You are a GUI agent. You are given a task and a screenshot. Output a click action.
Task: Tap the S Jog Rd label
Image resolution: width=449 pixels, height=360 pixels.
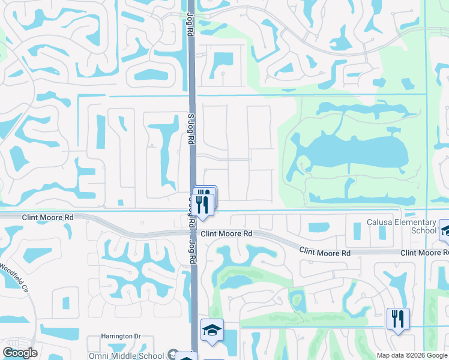pos(191,129)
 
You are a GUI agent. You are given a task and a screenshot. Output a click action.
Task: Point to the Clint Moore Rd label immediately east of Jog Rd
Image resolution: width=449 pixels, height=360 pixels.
pos(227,233)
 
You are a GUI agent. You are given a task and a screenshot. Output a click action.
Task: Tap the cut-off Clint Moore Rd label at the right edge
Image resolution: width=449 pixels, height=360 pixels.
pos(424,253)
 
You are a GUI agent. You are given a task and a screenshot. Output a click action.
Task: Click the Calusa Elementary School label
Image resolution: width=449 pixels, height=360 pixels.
pos(402,226)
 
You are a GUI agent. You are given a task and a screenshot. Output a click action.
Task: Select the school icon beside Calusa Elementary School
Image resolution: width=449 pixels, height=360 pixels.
pos(445,229)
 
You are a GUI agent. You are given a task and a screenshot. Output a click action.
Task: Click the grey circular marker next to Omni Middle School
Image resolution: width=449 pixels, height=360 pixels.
pos(174,355)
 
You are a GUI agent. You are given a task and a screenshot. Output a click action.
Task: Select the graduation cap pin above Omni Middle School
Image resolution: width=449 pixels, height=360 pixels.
pos(211,331)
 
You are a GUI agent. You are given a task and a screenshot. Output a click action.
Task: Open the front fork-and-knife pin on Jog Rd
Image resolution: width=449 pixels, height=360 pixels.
pos(203,204)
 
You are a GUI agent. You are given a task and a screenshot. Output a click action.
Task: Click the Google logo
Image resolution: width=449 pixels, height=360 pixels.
pos(20,353)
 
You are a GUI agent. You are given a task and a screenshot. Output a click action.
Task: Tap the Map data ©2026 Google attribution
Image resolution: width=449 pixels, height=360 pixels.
pos(412,355)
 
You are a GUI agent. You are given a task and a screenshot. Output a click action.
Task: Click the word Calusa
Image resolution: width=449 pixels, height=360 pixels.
pos(382,222)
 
